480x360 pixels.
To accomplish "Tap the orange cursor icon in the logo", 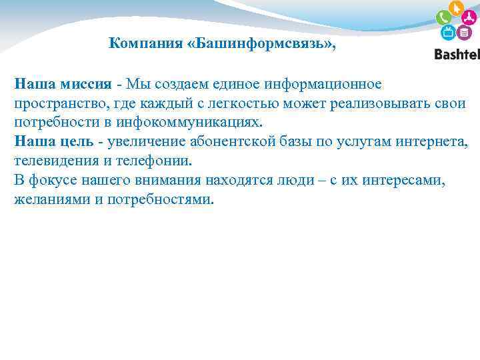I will [457, 7].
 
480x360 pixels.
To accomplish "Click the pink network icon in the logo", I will [470, 18].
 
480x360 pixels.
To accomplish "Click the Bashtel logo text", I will [457, 55].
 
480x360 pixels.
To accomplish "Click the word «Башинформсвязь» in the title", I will [262, 44].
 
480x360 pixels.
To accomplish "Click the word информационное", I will [323, 84].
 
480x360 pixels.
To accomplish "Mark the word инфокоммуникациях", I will [188, 123].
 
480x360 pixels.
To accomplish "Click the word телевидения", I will [55, 161].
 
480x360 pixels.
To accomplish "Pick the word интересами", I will [407, 181].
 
